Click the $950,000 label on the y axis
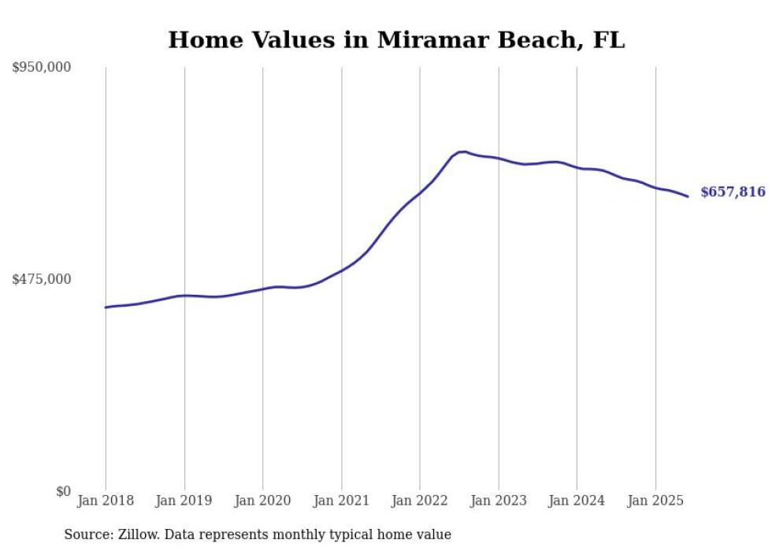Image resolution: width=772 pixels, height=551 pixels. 42,68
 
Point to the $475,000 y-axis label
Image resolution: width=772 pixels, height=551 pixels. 42,279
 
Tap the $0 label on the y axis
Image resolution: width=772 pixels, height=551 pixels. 63,491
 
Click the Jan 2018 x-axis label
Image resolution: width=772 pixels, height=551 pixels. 106,501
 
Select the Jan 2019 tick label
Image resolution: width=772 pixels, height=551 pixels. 184,501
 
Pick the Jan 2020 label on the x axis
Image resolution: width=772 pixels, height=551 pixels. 262,501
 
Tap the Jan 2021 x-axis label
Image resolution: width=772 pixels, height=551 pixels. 341,501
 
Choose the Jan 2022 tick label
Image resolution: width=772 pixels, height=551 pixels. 420,501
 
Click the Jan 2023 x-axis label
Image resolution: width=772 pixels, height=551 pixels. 498,501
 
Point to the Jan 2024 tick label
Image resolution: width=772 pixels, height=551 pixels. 577,501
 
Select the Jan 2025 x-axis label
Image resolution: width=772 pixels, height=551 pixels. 655,501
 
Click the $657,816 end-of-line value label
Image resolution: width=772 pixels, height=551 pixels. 732,192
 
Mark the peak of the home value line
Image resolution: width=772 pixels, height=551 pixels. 463,151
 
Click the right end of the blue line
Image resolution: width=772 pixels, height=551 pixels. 688,196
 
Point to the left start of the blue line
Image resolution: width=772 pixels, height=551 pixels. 106,307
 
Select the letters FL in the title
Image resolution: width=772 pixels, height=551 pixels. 609,40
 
